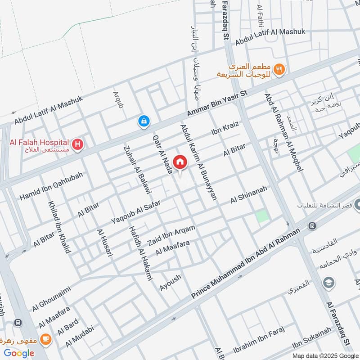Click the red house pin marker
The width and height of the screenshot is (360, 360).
[180, 162]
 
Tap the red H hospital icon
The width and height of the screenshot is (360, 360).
[78, 145]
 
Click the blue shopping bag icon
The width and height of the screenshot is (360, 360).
[144, 121]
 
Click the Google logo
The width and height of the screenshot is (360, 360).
[19, 353]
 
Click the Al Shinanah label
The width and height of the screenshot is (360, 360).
[249, 194]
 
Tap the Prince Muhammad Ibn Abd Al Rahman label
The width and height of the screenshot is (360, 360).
[245, 264]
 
